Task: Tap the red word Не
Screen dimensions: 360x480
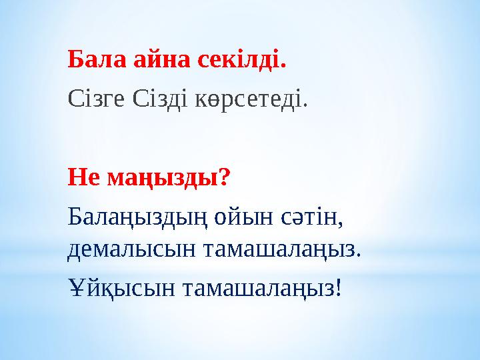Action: tap(81, 177)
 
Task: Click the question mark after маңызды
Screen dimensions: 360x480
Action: tap(225, 177)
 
